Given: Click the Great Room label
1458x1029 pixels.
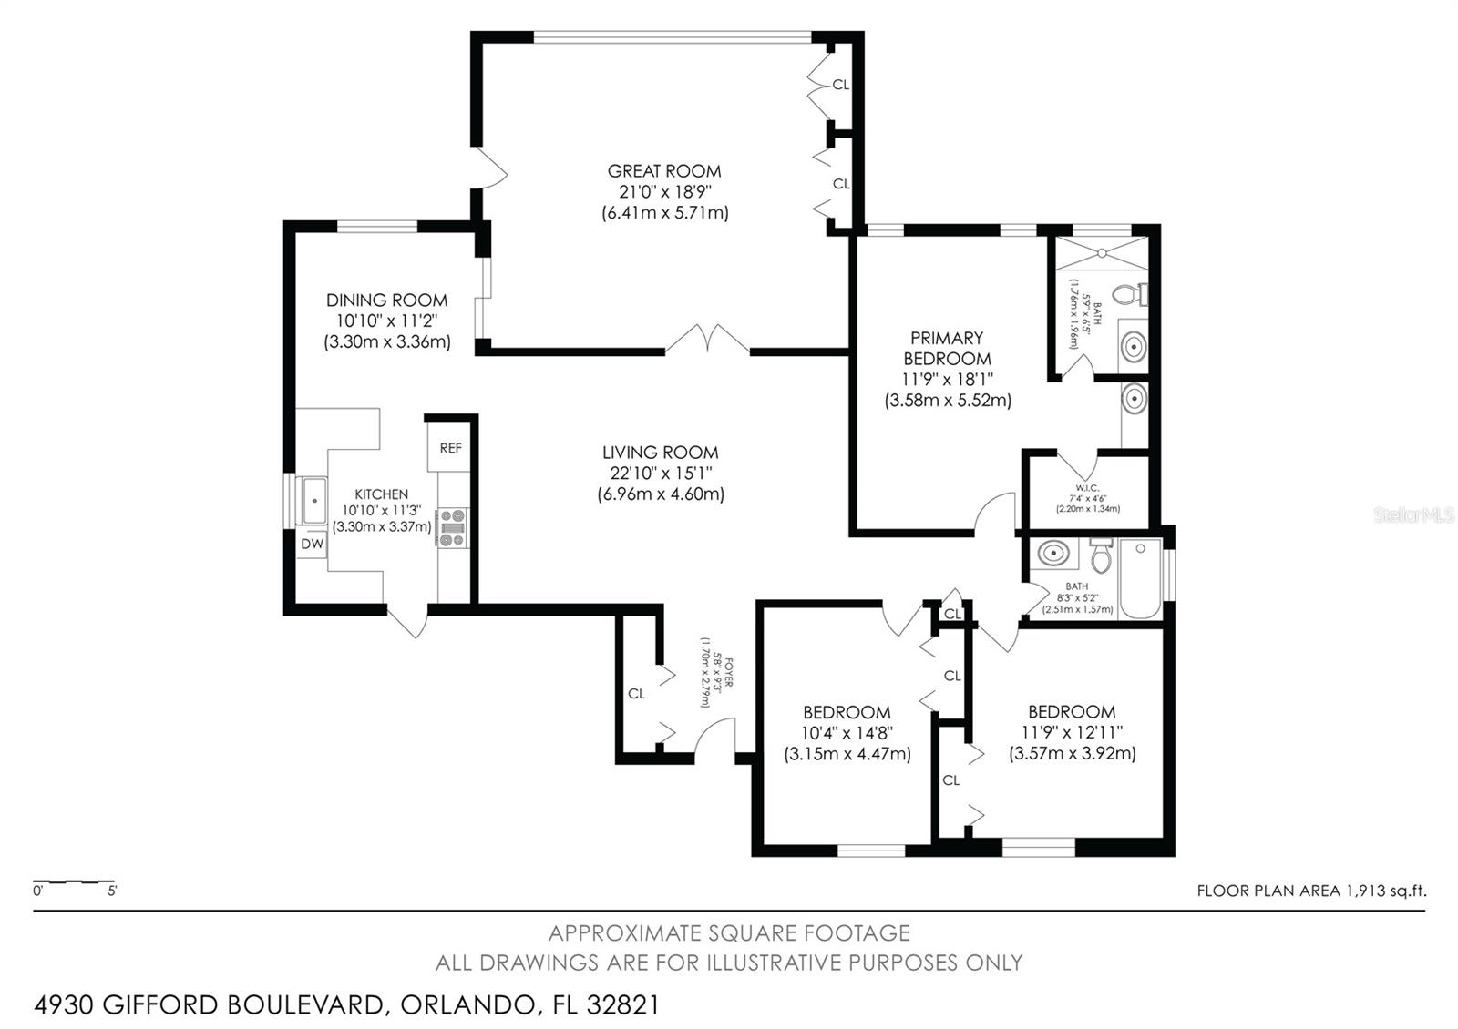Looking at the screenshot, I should pos(664,171).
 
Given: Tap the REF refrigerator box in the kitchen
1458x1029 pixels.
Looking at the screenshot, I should pos(450,448).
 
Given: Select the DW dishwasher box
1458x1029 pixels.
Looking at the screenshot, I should pos(313,545).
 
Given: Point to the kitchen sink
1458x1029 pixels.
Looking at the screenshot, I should pos(314,500).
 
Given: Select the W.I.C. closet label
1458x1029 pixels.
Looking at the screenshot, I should pos(1086,489).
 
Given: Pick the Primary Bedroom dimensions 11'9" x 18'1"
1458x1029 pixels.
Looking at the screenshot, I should pos(948,379).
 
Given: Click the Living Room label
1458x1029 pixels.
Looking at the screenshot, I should pos(661,453).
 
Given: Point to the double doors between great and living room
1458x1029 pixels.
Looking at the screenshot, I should pos(708,339).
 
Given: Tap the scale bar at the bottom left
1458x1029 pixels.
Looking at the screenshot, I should pos(74,882).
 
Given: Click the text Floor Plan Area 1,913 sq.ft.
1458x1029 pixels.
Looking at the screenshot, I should pos(1310,891).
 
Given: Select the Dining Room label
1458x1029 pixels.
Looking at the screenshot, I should pos(387,301).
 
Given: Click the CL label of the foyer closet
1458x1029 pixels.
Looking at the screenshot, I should pos(636,694).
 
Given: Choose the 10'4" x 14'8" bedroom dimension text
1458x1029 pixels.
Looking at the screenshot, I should pos(847,733).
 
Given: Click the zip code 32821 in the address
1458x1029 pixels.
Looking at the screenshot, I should pos(622,1005).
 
